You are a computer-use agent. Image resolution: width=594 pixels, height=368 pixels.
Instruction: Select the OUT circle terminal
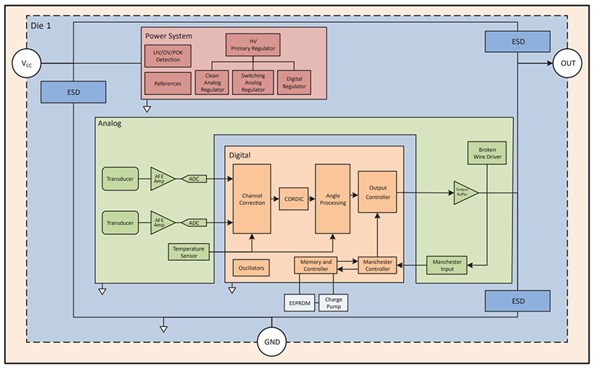click(x=568, y=63)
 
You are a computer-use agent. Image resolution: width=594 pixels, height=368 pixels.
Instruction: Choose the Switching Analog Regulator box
click(x=253, y=82)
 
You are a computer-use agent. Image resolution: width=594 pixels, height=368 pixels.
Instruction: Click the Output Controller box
click(x=378, y=193)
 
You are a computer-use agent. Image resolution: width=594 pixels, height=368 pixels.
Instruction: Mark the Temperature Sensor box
click(x=188, y=252)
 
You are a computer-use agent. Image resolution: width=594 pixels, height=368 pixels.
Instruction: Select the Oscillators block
click(x=252, y=266)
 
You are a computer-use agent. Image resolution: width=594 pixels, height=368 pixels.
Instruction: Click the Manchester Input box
click(x=446, y=265)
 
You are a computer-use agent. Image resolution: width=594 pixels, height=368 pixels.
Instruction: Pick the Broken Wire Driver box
click(x=486, y=152)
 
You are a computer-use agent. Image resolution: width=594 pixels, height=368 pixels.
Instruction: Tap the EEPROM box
click(x=298, y=302)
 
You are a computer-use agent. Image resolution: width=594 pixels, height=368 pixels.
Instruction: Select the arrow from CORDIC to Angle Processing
click(x=313, y=199)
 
